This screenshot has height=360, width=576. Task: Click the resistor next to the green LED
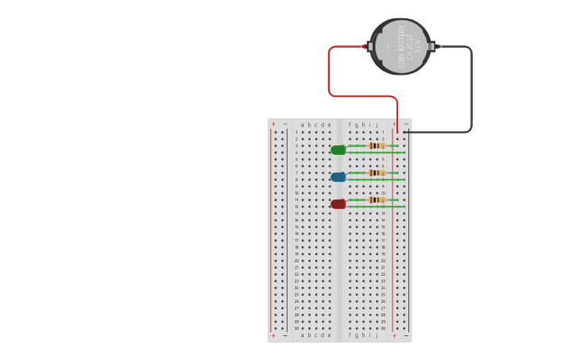coord(377,145)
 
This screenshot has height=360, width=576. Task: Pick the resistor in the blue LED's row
coord(377,172)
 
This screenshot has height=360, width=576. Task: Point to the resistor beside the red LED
coord(377,199)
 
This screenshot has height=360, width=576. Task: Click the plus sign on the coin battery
coord(389,46)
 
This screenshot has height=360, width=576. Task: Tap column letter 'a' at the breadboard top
coord(302,125)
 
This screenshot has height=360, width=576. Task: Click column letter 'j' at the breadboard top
coord(377,125)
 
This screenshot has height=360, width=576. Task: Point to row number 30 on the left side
coord(296,328)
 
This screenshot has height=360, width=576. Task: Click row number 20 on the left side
coord(296,261)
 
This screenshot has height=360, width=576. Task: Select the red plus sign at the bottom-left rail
coord(273,336)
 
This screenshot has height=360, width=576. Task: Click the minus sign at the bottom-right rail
coord(406,336)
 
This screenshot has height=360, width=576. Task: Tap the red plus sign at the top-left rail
coord(273,124)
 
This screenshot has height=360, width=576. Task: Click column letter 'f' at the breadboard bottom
coord(350,335)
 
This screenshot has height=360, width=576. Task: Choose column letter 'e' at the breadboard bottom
coord(329,335)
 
